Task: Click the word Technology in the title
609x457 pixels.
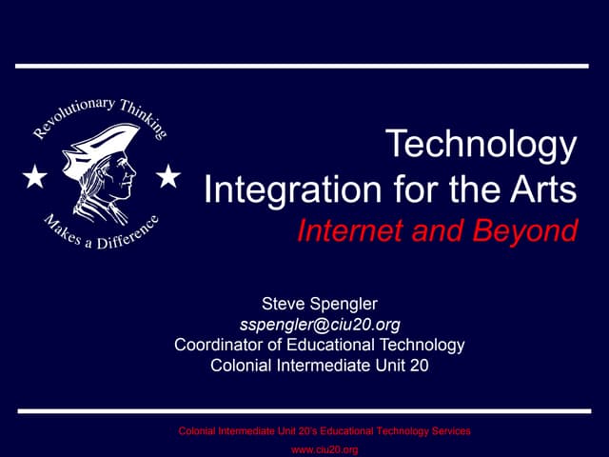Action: (x=481, y=146)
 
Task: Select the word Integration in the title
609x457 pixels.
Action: (x=278, y=189)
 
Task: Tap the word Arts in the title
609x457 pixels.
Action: (x=544, y=189)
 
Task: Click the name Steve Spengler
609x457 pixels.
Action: (x=320, y=305)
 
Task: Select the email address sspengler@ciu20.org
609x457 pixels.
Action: (x=320, y=325)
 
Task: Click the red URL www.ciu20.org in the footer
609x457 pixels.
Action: (x=324, y=449)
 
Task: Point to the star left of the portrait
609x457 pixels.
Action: (x=34, y=177)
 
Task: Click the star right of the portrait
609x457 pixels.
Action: (x=168, y=176)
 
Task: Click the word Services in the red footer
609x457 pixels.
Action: (x=448, y=431)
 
